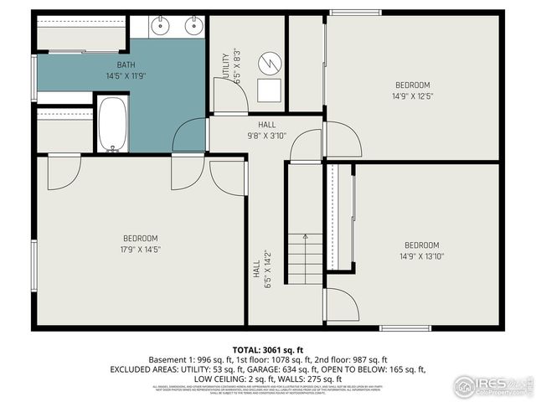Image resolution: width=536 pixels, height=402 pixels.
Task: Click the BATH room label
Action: pyautogui.click(x=126, y=64)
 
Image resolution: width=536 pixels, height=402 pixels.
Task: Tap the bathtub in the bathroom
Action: pyautogui.click(x=111, y=124)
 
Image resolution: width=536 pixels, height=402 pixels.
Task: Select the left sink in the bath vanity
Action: pyautogui.click(x=162, y=26)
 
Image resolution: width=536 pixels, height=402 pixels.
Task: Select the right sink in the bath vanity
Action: pyautogui.click(x=193, y=26)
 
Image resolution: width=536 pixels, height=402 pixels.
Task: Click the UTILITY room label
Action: pyautogui.click(x=225, y=68)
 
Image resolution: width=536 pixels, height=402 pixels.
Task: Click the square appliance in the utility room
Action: pyautogui.click(x=269, y=90)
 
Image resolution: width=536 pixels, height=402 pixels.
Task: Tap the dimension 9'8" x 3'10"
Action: pyautogui.click(x=266, y=136)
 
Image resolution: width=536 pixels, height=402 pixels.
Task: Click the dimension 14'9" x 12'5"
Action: pyautogui.click(x=412, y=96)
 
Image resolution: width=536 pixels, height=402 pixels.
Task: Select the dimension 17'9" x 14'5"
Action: pyautogui.click(x=140, y=250)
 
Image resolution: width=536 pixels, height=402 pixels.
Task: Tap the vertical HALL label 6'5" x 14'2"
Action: pyautogui.click(x=261, y=268)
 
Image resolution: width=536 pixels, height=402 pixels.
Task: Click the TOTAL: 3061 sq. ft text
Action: pyautogui.click(x=267, y=348)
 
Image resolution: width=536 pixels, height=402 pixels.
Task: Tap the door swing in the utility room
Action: pyautogui.click(x=230, y=100)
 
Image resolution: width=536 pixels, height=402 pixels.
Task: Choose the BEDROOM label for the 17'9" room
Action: pyautogui.click(x=140, y=239)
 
